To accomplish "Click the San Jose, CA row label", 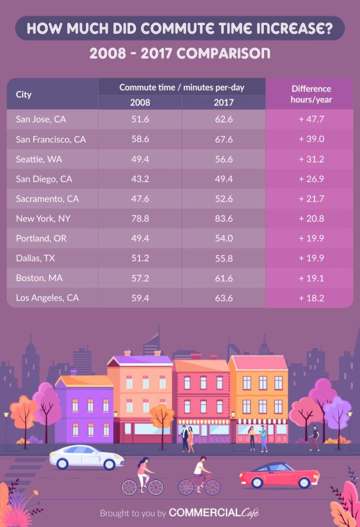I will [x=41, y=119].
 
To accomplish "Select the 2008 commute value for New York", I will [x=140, y=219].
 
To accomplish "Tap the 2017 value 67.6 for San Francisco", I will [x=224, y=139].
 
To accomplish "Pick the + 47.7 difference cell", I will [x=311, y=119].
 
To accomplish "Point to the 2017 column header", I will [x=224, y=102].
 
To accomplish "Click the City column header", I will [x=24, y=95].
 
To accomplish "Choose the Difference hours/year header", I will [x=311, y=94].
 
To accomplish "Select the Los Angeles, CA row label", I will [x=47, y=298].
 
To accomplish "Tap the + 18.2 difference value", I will [x=311, y=298].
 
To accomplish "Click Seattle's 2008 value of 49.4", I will [x=140, y=159].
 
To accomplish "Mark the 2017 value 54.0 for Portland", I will [x=224, y=239].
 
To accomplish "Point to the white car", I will [x=87, y=456].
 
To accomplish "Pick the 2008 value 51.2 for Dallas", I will [x=140, y=258].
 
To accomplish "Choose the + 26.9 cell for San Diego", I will [x=311, y=179].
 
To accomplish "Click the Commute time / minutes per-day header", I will [x=182, y=87].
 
